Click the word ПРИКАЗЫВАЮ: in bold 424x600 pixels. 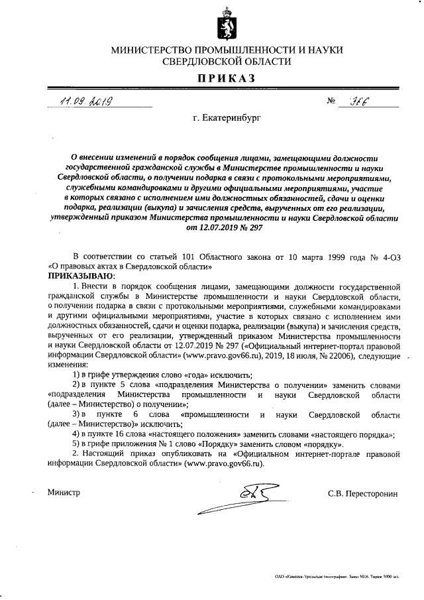click(81, 274)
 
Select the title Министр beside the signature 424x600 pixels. click(63, 493)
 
